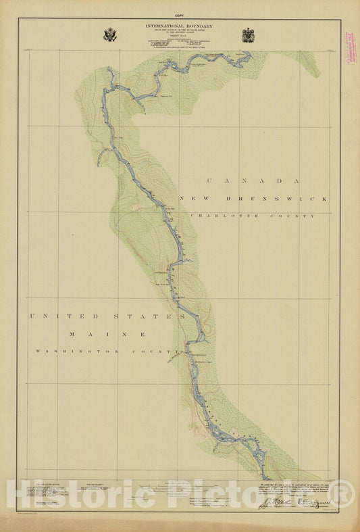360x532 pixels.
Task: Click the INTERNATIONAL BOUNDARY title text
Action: click(179, 26)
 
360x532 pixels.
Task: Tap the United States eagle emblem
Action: click(110, 34)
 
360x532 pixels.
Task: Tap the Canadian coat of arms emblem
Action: click(248, 34)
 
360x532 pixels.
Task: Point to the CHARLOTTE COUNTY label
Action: click(253, 216)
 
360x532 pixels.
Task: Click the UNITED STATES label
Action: click(107, 316)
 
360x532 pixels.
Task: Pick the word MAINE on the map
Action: click(105, 334)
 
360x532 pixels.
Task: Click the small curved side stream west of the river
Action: click(102, 158)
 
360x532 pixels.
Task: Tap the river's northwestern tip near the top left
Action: click(109, 68)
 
